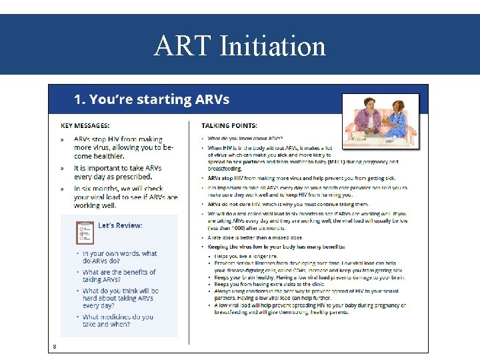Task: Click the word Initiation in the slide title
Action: (272, 47)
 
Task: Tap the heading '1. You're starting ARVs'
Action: (151, 100)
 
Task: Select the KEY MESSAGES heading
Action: (85, 125)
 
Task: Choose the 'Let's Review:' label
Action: (120, 225)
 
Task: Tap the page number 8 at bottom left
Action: (55, 345)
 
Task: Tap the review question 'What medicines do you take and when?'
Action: (118, 321)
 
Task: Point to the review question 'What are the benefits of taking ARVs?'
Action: (119, 276)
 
